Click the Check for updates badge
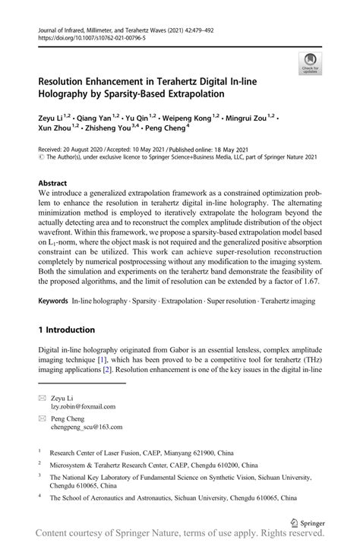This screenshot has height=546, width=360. coord(310,64)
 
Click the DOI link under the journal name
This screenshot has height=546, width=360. coord(91,36)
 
